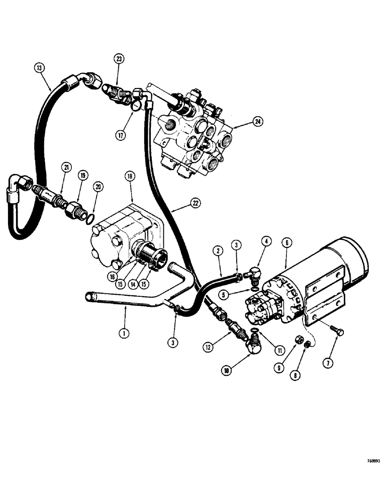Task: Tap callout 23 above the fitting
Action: [x=118, y=59]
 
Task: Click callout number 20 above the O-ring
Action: [x=98, y=187]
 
